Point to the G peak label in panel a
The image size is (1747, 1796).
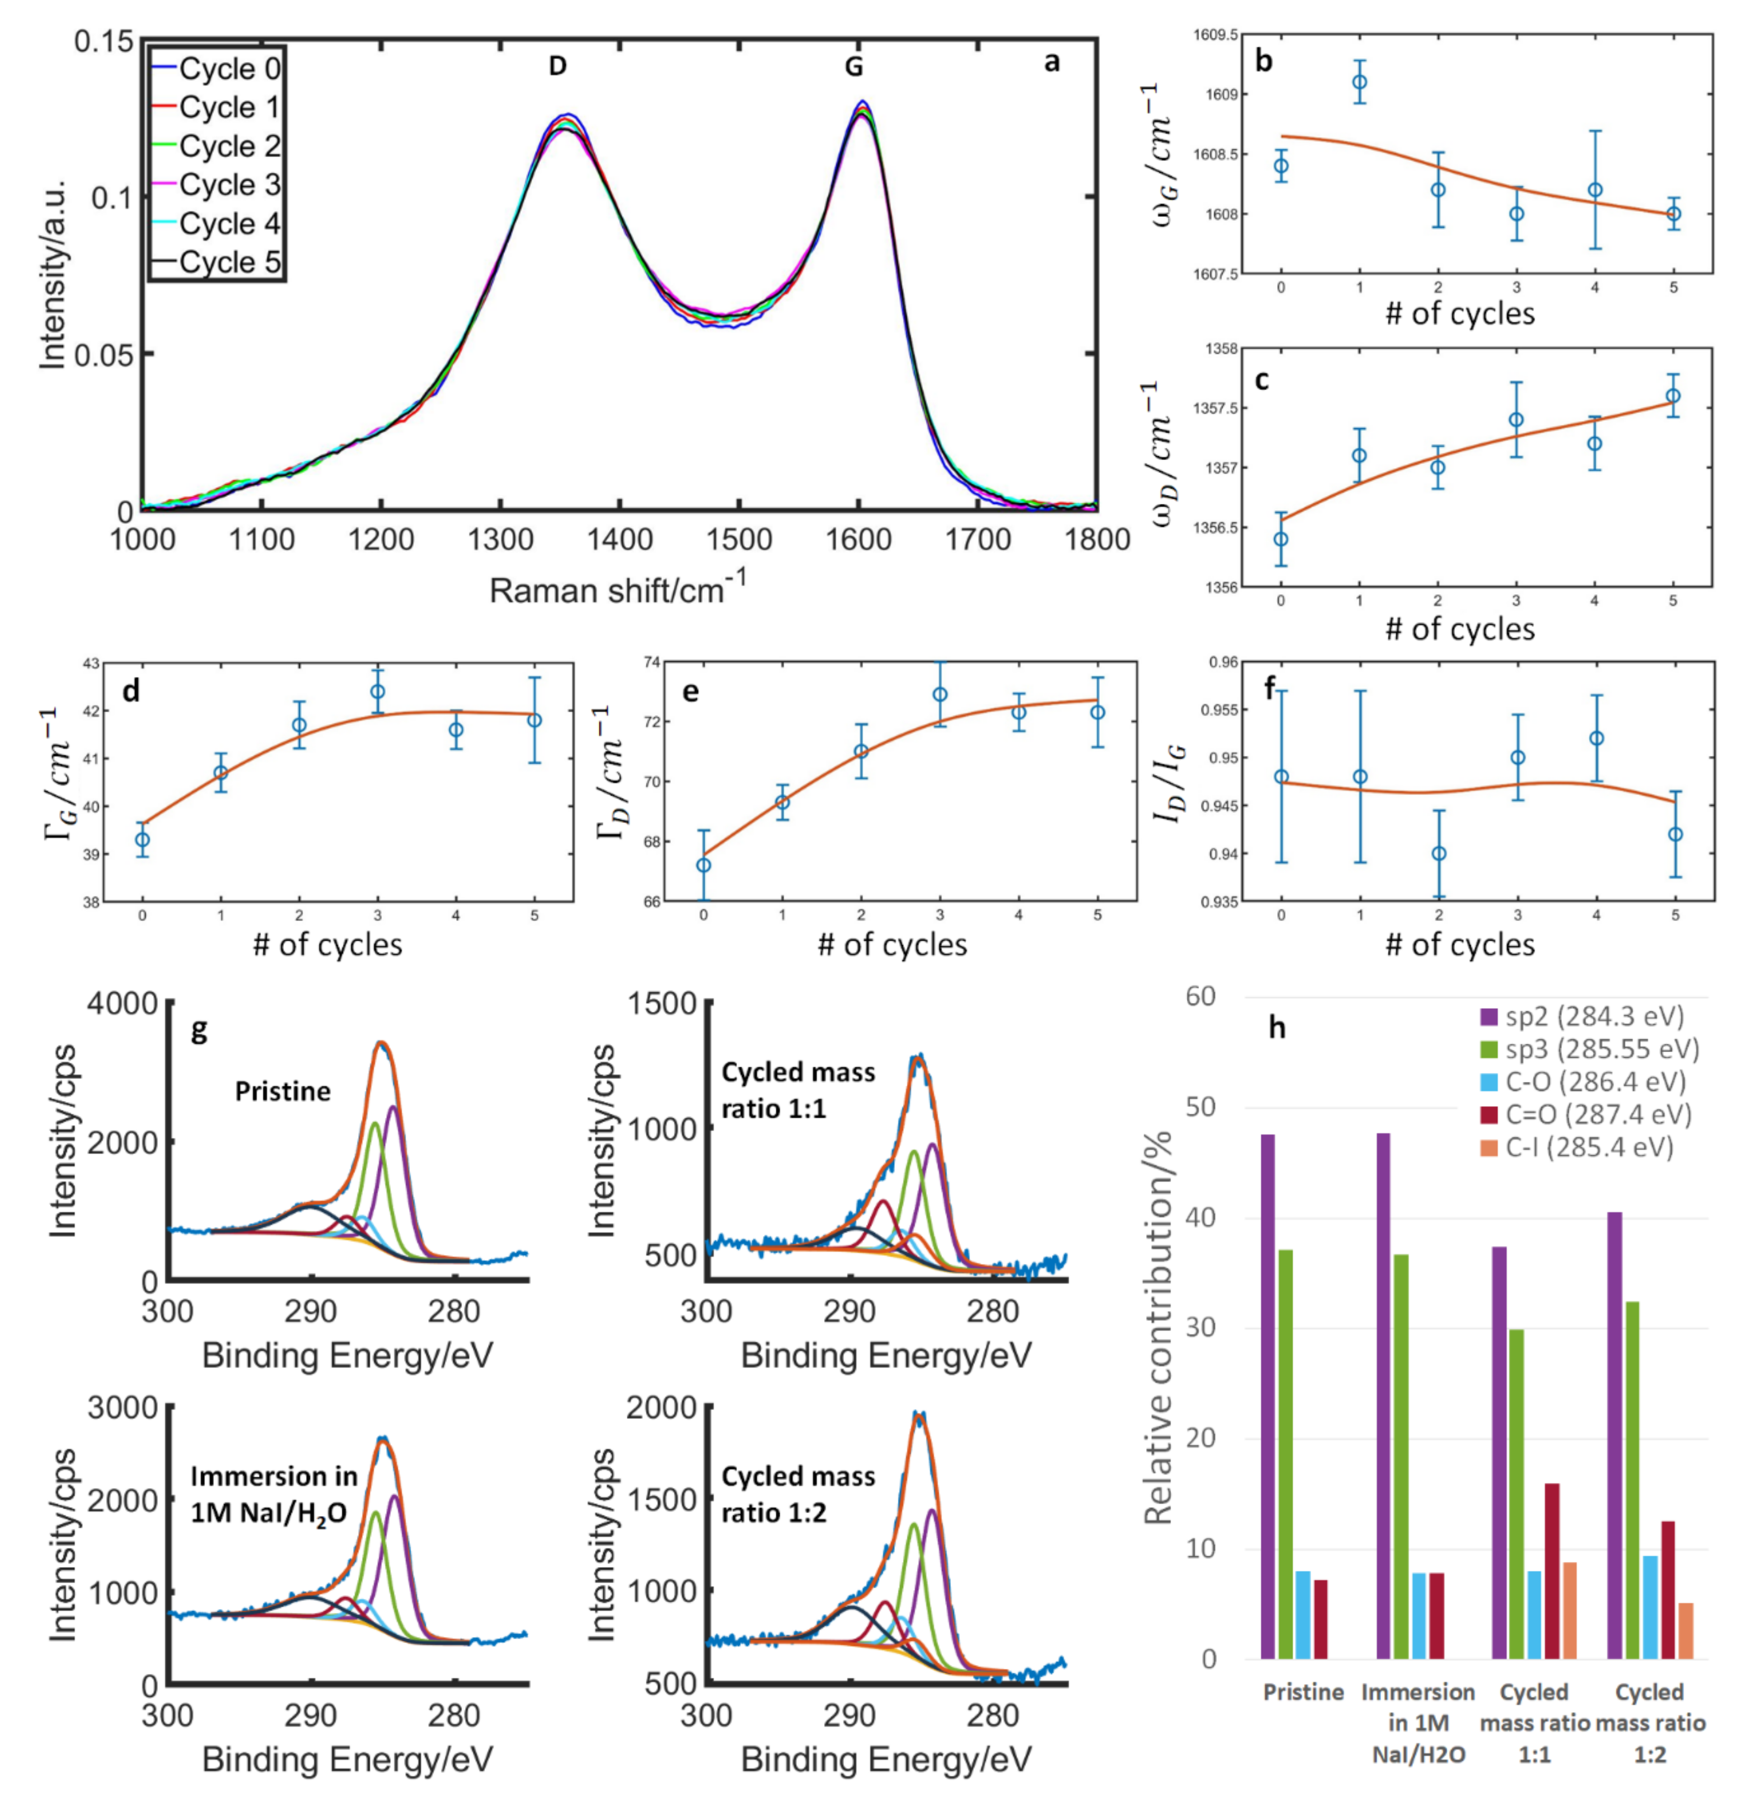853,66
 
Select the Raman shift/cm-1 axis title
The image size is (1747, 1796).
617,588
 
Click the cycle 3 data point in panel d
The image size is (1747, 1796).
377,692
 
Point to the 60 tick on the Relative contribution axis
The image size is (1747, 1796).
1200,997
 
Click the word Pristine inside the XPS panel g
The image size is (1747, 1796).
282,1091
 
